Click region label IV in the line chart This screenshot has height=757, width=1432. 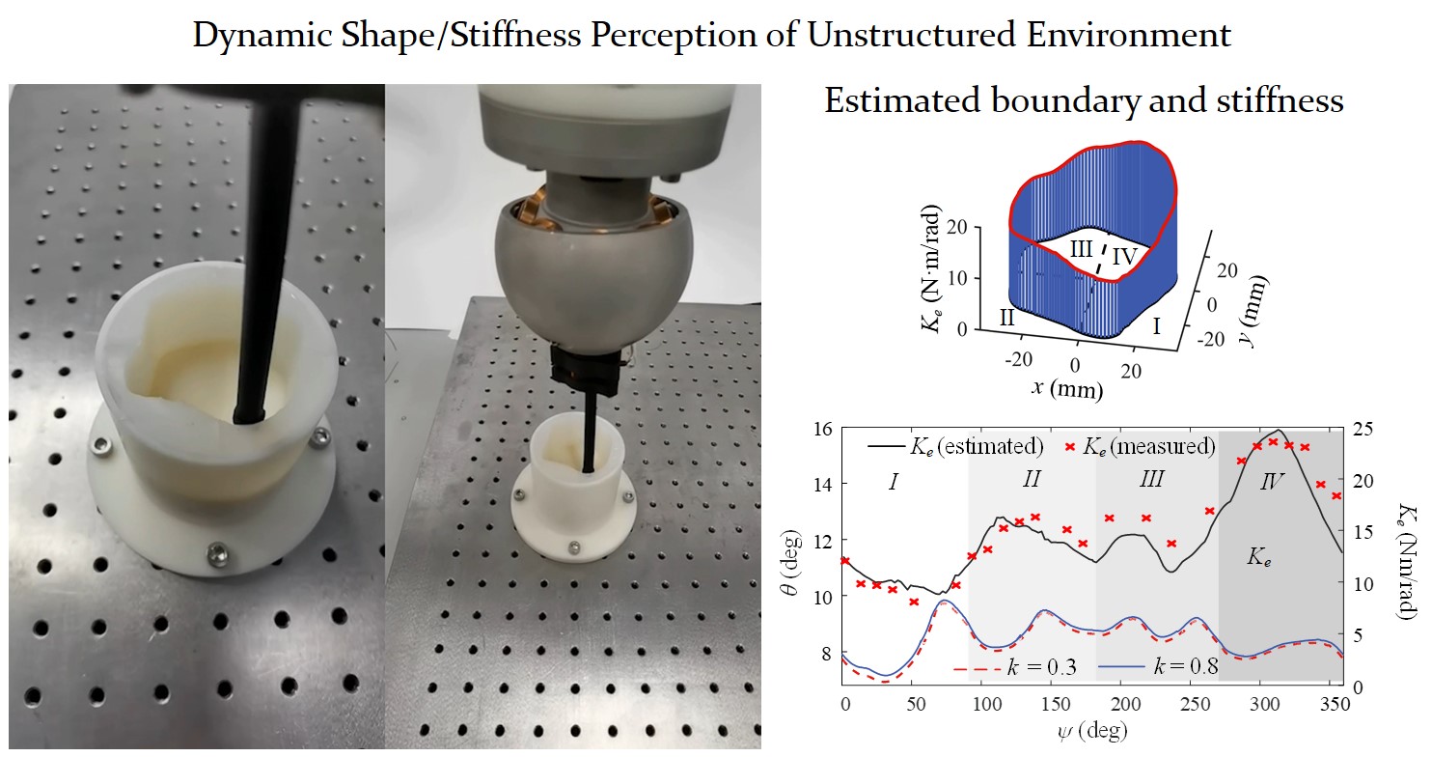(x=1273, y=481)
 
